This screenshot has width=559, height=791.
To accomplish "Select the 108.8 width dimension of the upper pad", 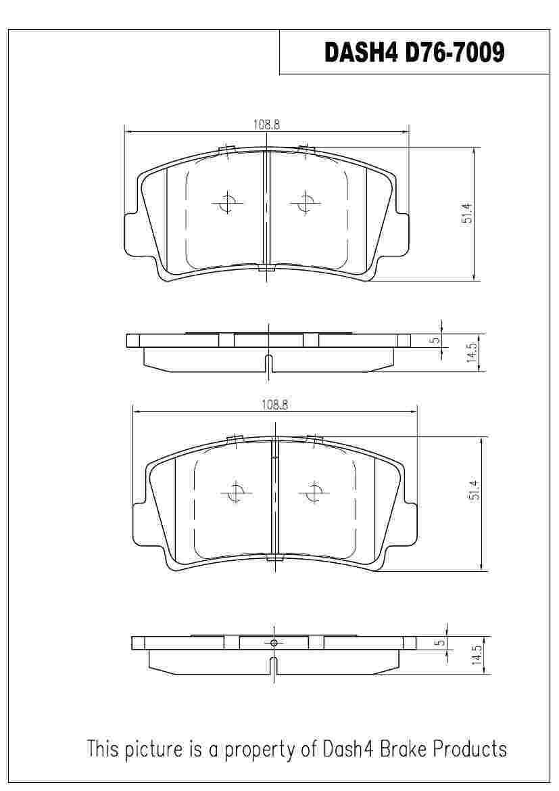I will point(266,124).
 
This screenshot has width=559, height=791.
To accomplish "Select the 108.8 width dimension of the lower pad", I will point(275,405).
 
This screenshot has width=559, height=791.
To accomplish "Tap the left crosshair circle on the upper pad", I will point(228,202).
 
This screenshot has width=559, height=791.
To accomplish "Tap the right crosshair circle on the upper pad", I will point(306,202).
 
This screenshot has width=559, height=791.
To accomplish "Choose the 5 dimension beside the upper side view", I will point(436,340).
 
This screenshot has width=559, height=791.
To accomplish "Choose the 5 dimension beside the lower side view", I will point(441,642).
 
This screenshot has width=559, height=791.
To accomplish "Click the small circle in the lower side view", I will point(274,642).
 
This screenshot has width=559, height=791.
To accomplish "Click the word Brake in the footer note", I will point(402,749).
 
